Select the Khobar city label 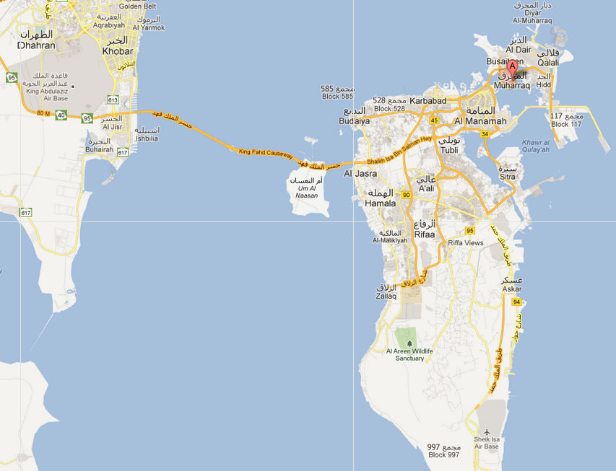(118, 50)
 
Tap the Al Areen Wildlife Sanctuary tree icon (410, 343)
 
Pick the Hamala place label (381, 203)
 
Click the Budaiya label (354, 121)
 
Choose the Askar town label (511, 289)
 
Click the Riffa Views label (466, 243)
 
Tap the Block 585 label (337, 96)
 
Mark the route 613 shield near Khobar (113, 100)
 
